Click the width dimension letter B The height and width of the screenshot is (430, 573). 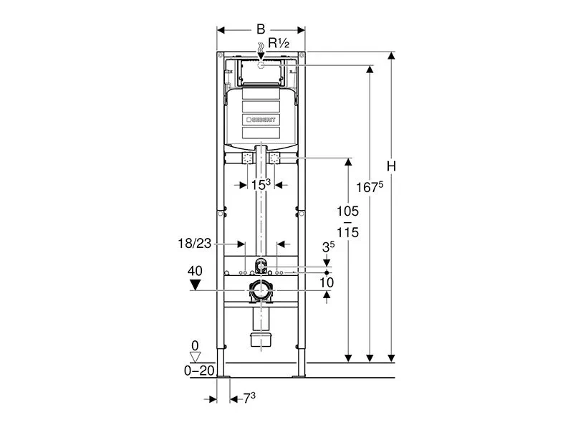pyautogui.click(x=261, y=29)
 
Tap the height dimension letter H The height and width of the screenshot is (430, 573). pyautogui.click(x=391, y=166)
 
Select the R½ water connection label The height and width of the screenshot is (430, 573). pyautogui.click(x=279, y=43)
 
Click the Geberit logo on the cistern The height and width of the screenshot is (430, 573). pyautogui.click(x=261, y=120)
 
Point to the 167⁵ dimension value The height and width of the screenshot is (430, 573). pyautogui.click(x=370, y=187)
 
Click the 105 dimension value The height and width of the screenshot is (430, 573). pyautogui.click(x=347, y=211)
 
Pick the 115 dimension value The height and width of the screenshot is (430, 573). pyautogui.click(x=347, y=232)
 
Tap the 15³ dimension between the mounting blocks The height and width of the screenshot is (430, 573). pyautogui.click(x=261, y=185)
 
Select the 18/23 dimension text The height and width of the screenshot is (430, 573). pyautogui.click(x=194, y=244)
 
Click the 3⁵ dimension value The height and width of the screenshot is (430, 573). pyautogui.click(x=328, y=247)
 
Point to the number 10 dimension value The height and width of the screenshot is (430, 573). pyautogui.click(x=327, y=282)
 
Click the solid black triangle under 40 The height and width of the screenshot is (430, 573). pyautogui.click(x=195, y=285)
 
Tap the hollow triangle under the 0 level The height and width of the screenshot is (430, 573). pyautogui.click(x=196, y=357)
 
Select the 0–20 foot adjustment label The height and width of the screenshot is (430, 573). pyautogui.click(x=199, y=371)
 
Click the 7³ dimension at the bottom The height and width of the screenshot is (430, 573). pyautogui.click(x=249, y=398)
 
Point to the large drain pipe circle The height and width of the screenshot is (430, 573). pyautogui.click(x=261, y=291)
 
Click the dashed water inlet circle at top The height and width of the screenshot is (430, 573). pyautogui.click(x=261, y=65)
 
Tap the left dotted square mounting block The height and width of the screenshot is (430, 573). pyautogui.click(x=247, y=158)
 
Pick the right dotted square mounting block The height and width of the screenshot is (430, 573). pyautogui.click(x=274, y=158)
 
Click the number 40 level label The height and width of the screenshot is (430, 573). pyautogui.click(x=195, y=271)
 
